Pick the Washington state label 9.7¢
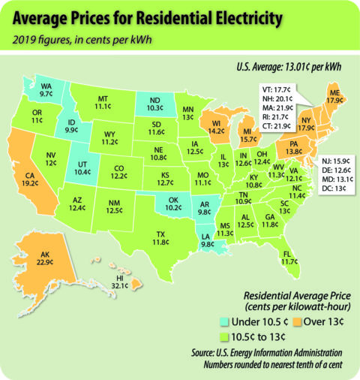46,90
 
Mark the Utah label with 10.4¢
83,167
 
